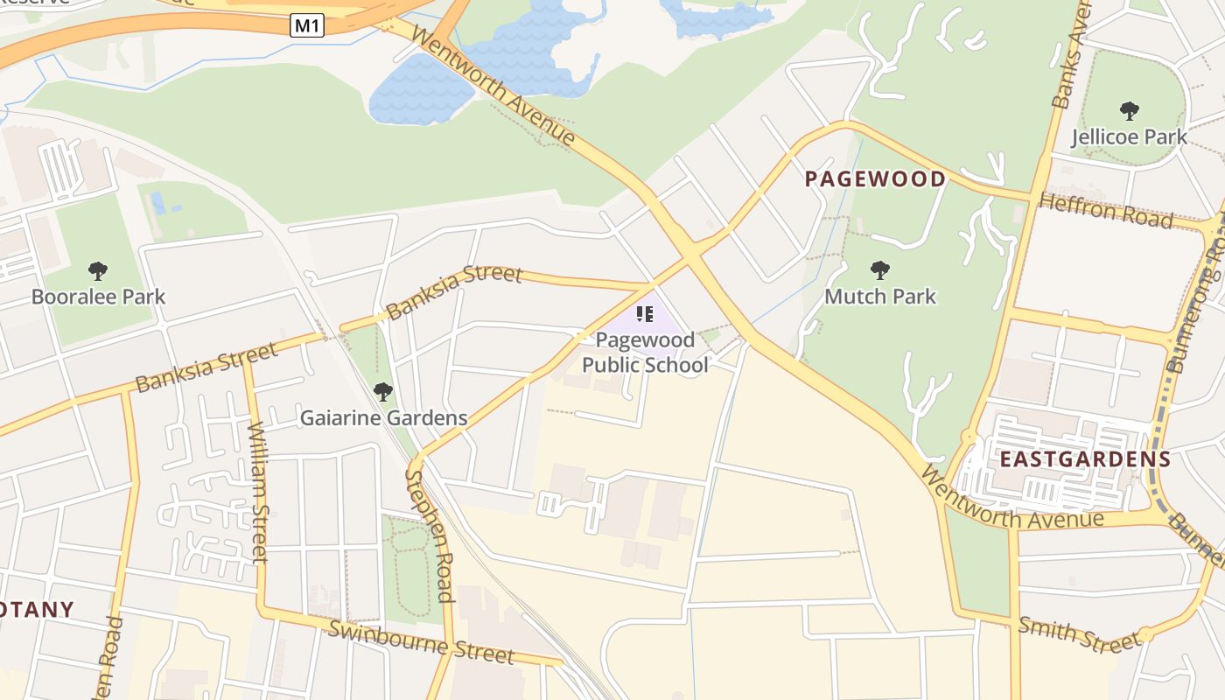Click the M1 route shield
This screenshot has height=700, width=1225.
click(307, 25)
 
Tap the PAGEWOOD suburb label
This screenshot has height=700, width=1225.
click(874, 179)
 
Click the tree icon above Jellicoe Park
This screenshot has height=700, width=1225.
click(1129, 111)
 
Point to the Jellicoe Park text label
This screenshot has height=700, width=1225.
click(1129, 137)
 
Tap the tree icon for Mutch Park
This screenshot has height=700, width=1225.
click(879, 270)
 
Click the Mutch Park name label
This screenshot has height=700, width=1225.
click(879, 297)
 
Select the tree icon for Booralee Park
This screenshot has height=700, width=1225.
click(98, 270)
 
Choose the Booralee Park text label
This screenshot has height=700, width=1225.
click(98, 297)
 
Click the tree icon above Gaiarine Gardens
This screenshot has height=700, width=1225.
click(382, 391)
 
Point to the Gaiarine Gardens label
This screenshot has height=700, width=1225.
click(383, 418)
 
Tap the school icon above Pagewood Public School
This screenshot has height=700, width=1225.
click(645, 314)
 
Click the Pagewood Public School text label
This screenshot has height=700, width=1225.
click(645, 352)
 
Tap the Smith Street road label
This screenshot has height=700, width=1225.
click(1079, 634)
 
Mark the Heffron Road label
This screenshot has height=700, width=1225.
click(1105, 211)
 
